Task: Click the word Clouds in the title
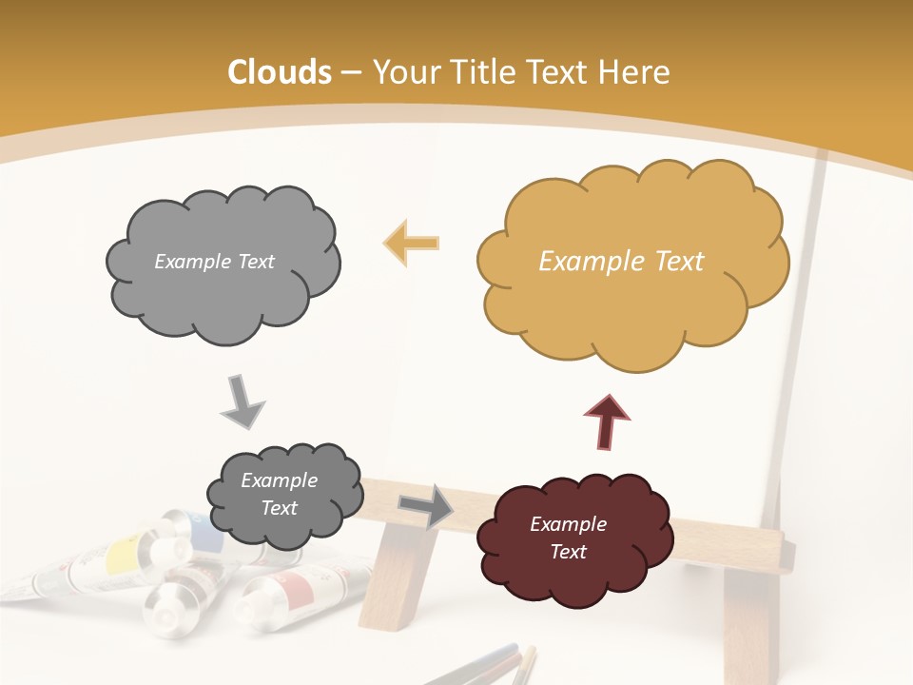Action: [280, 72]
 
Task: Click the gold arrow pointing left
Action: [412, 243]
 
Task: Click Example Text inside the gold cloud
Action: [621, 262]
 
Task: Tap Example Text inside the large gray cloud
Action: [214, 262]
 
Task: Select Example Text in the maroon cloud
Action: [568, 538]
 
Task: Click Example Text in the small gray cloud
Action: [279, 494]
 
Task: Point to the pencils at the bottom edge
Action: [495, 666]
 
